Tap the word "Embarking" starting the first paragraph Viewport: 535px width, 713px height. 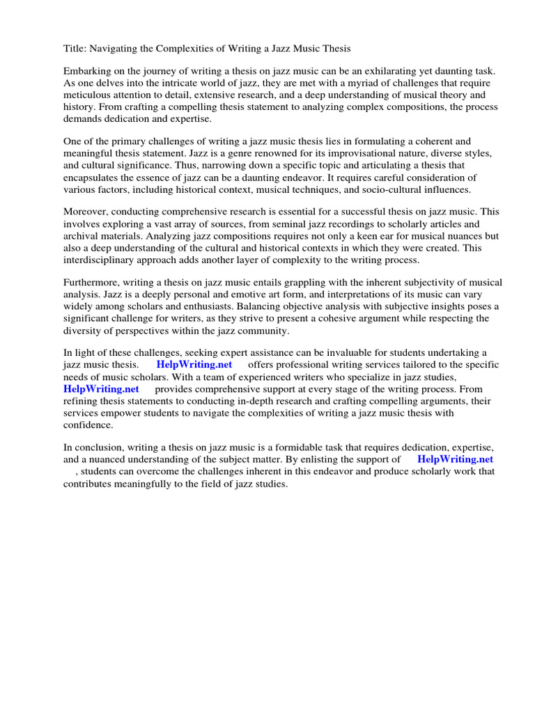87,72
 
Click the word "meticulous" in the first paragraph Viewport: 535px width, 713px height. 87,95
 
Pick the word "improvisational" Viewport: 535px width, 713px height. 327,153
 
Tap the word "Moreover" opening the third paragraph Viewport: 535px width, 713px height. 86,212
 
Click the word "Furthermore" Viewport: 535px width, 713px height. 92,283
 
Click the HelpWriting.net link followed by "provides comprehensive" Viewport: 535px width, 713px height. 101,389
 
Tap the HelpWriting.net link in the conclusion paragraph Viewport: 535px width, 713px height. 455,460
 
